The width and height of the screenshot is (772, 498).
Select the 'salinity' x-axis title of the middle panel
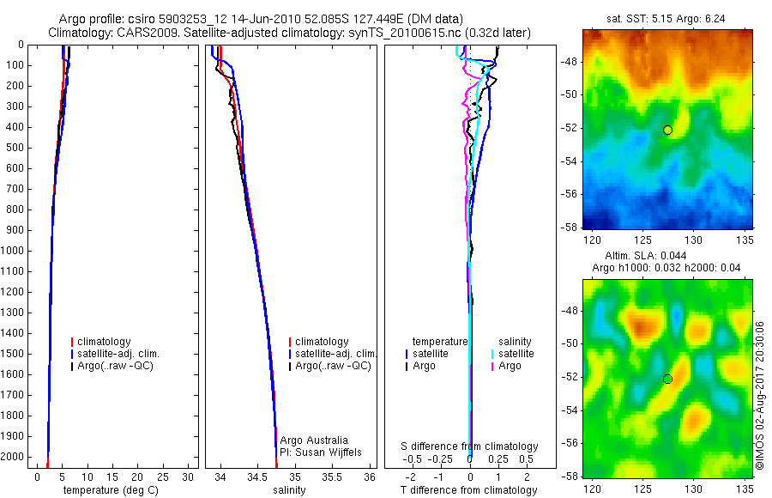pyautogui.click(x=289, y=491)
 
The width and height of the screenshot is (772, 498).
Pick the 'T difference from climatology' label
pyautogui.click(x=469, y=491)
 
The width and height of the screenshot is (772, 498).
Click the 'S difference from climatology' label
pyautogui.click(x=469, y=446)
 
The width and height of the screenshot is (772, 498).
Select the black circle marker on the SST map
pyautogui.click(x=667, y=130)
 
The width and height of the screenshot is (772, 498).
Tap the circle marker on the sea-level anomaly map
pyautogui.click(x=667, y=379)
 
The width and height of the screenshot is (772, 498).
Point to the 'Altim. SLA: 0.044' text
pyautogui.click(x=666, y=256)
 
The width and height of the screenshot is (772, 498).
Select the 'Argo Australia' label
pyautogui.click(x=314, y=440)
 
